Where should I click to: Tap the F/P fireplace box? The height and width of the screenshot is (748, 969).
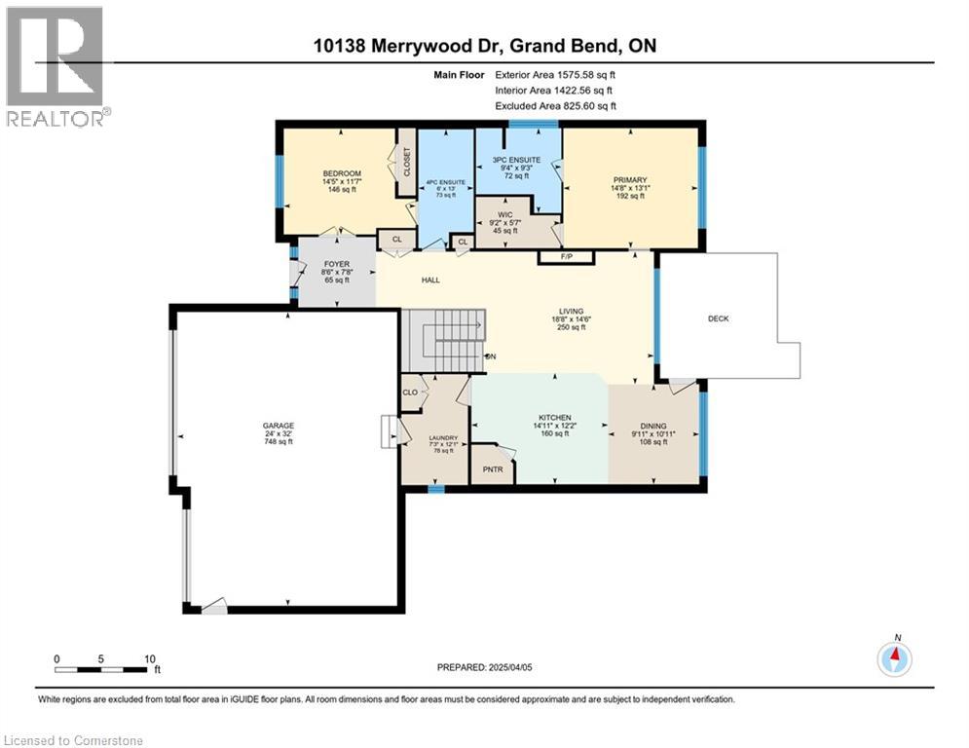point(566,257)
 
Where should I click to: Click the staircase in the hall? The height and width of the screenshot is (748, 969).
point(444,340)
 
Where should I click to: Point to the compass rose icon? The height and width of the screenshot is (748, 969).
point(893,658)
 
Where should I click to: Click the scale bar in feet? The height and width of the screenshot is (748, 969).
point(104,668)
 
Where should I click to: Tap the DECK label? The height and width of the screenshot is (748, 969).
point(719,318)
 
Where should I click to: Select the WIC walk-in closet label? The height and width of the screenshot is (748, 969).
point(504,214)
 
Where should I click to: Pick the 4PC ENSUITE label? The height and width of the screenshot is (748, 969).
point(445,182)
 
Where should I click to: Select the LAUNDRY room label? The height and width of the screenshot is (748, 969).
point(443,438)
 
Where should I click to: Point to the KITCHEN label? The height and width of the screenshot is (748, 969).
point(551,418)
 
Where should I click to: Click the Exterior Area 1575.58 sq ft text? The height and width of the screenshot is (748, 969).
point(555,74)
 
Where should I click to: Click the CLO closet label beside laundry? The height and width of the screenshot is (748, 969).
point(410,393)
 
